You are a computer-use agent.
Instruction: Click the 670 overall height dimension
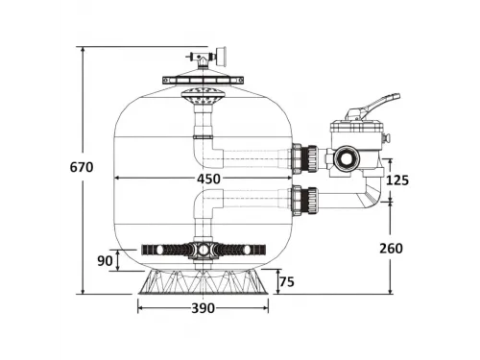click(82, 167)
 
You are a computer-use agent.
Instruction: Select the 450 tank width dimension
click(208, 179)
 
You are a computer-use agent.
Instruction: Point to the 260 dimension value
click(390, 248)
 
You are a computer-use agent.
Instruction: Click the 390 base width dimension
click(202, 308)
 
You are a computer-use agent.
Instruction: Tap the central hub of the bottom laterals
click(203, 250)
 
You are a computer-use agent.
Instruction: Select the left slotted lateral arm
click(163, 250)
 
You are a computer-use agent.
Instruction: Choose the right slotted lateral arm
click(240, 250)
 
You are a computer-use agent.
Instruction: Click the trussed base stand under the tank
click(203, 281)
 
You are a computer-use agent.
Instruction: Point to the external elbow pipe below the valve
click(372, 198)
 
